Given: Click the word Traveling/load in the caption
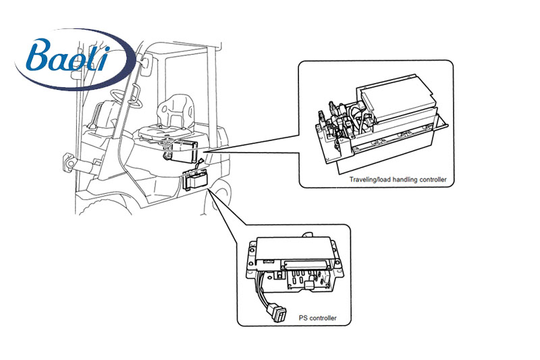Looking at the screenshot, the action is click(x=370, y=180).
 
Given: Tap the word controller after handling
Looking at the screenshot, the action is click(x=433, y=180).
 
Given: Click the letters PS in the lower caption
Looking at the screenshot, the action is click(x=302, y=318).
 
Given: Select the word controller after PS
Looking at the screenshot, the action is click(x=323, y=318).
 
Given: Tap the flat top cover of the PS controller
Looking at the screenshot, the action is click(x=293, y=249).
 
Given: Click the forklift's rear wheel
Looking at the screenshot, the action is click(x=221, y=194).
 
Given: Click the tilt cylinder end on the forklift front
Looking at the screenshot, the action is click(x=70, y=161).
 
